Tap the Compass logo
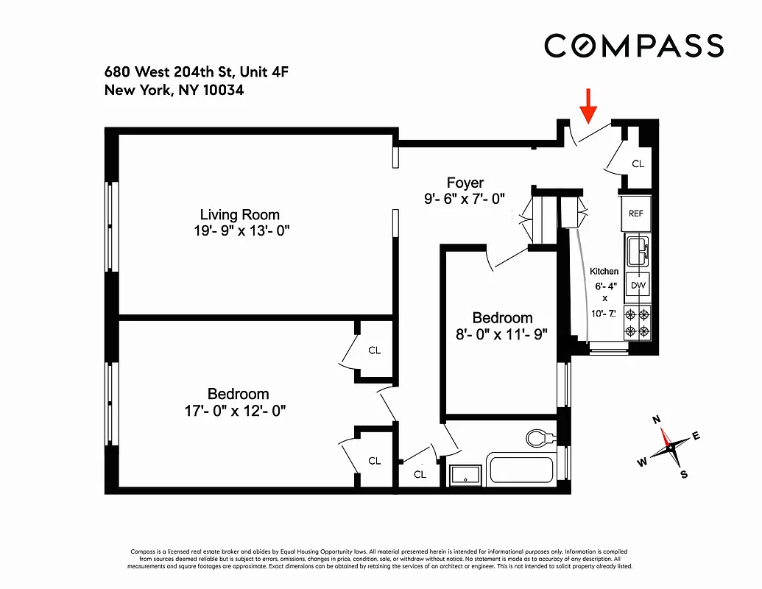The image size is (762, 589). point(634,46)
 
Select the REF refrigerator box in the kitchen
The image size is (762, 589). point(636,213)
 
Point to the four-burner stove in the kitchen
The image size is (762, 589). point(637,322)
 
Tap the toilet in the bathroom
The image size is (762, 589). point(541,438)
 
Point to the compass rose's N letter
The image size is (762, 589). point(657,420)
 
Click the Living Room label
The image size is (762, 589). point(240,215)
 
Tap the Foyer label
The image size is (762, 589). point(465,183)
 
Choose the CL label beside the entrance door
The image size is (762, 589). point(638,163)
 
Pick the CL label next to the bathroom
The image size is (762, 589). point(420,474)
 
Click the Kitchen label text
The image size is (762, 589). point(604,272)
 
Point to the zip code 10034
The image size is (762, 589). point(222,91)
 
